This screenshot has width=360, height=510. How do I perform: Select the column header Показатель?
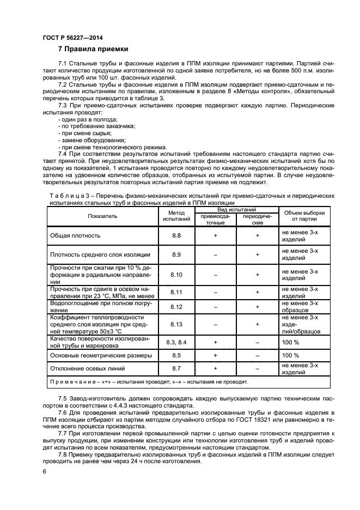point(102,216)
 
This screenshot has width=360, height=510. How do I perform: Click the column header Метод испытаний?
point(176,216)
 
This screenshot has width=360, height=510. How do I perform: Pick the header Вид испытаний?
point(237,209)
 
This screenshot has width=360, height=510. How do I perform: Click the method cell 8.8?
point(176,235)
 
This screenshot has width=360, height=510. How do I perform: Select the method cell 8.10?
point(176,275)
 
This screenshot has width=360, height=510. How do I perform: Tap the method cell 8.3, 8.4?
point(176,342)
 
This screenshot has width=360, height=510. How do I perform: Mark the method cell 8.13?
point(176,324)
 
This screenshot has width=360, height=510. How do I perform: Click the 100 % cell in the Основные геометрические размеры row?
point(290,355)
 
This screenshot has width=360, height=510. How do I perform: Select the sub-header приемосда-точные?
point(216,220)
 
